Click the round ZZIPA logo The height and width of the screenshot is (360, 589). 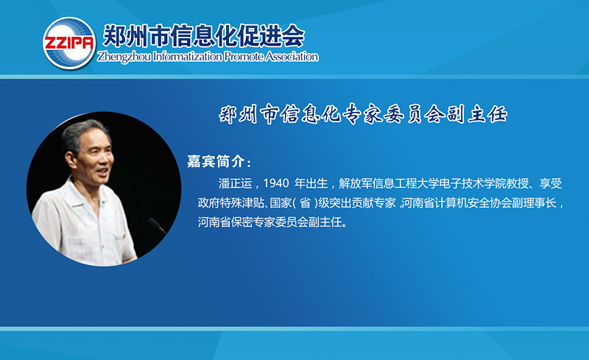(69, 43)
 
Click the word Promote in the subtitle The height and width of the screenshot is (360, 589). (244, 57)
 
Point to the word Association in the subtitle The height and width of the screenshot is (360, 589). (292, 57)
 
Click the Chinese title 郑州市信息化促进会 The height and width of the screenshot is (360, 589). (203, 35)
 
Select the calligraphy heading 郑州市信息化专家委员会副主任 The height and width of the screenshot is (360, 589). (363, 114)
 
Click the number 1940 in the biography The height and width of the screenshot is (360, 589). (276, 183)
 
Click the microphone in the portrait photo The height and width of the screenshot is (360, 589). (157, 225)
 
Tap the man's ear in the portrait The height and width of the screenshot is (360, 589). (70, 159)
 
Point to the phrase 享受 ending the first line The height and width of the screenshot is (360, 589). (551, 183)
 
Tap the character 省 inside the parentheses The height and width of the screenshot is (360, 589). (305, 203)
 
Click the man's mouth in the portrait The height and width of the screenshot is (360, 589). (103, 172)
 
